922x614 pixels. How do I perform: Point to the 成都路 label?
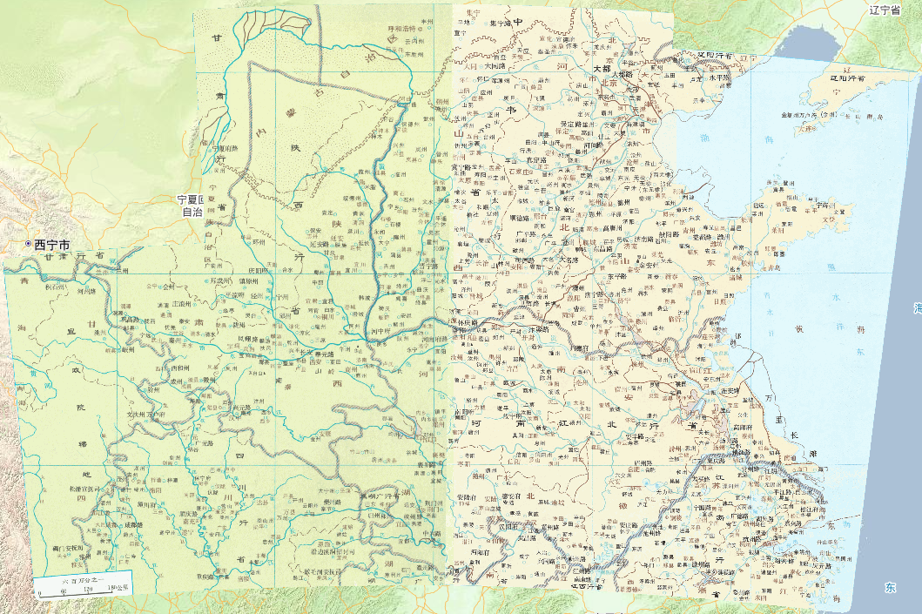(x=130, y=525)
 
